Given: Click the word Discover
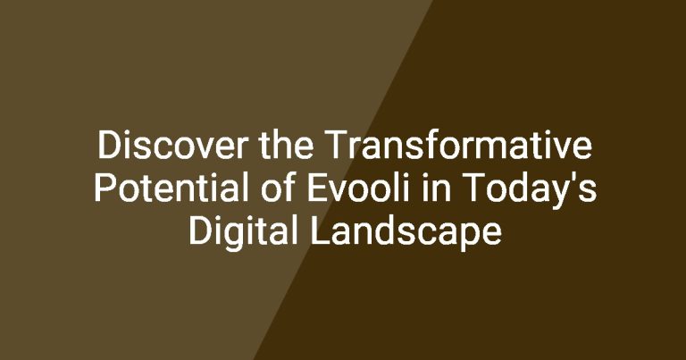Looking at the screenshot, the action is click(x=172, y=145).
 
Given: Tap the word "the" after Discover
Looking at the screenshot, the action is click(x=286, y=145).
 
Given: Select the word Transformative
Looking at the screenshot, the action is click(x=458, y=145).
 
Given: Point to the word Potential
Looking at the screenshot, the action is click(x=171, y=188).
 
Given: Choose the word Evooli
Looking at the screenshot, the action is click(x=359, y=188).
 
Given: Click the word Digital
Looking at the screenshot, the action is click(x=243, y=232).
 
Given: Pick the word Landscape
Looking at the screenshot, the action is click(x=406, y=232).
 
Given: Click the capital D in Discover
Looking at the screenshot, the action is click(x=108, y=145).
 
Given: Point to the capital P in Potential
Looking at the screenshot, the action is click(x=106, y=188).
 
